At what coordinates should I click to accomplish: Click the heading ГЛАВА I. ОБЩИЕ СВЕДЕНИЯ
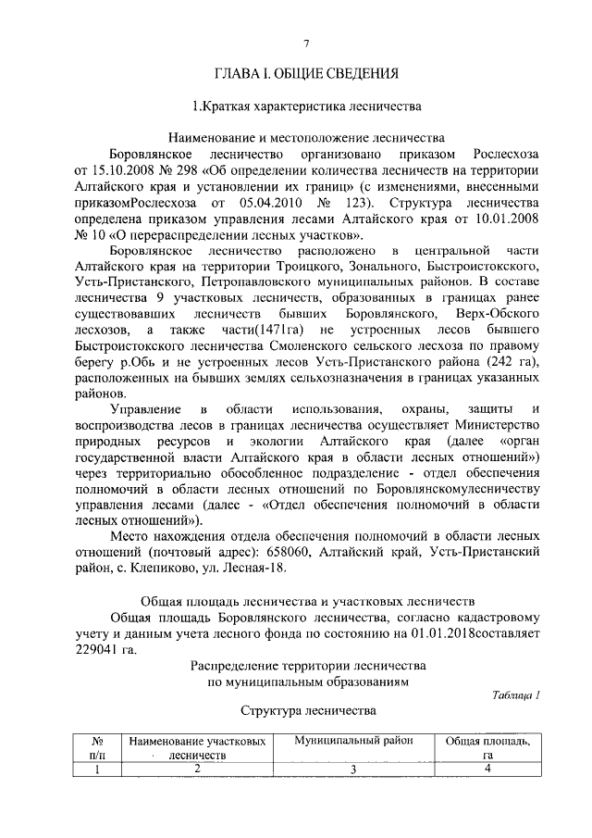click(306, 72)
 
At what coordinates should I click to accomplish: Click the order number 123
click(351, 201)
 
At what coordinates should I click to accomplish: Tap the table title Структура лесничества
click(306, 711)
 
